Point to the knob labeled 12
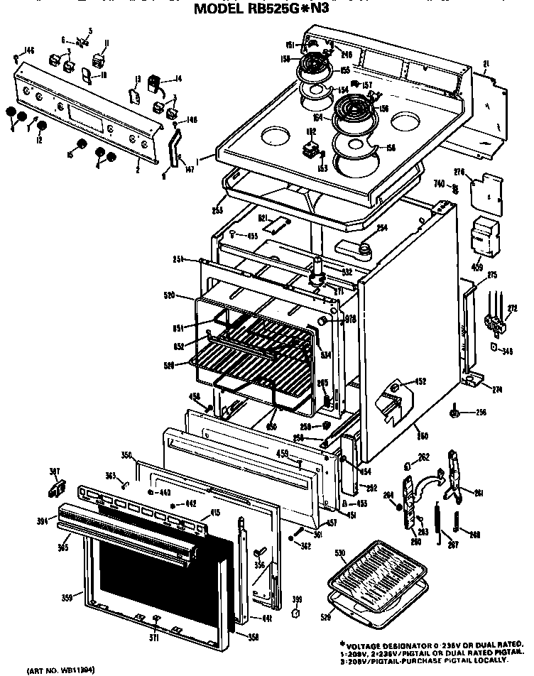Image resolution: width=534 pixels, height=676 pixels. point(42,126)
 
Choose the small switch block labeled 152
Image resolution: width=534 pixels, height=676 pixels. point(310,149)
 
